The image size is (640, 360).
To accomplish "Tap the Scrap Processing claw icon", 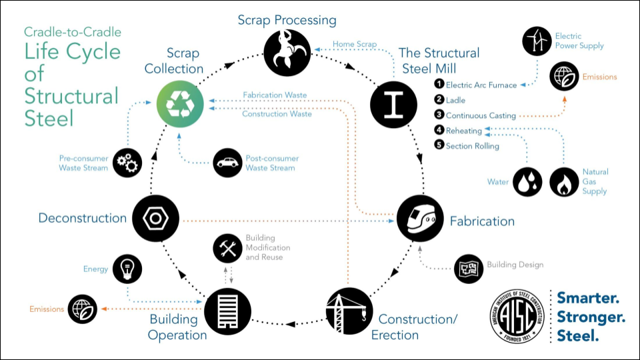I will [287, 53].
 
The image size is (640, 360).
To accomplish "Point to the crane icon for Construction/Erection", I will [349, 311].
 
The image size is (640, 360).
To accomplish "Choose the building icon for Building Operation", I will [226, 311].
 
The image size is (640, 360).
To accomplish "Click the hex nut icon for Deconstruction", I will [155, 218].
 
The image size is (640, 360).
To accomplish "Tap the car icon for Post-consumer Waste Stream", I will [228, 163].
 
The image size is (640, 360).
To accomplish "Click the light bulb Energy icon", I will [127, 269].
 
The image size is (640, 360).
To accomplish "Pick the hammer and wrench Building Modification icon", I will [227, 248].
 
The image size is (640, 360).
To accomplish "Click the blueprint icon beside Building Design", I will [468, 269].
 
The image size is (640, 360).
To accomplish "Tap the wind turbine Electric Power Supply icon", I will [537, 41].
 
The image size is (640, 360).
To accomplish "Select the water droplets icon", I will [527, 182].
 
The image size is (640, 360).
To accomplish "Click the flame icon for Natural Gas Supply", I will [564, 182].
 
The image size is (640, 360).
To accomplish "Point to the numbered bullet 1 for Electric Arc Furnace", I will [439, 84].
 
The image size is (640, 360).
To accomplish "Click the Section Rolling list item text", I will [472, 146].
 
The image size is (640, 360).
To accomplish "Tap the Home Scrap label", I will [354, 45].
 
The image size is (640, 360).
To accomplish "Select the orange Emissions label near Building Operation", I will [47, 309].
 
